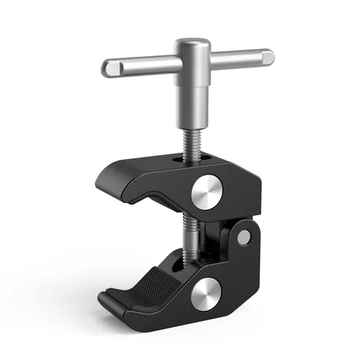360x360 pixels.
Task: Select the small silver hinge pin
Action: [245, 235]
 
